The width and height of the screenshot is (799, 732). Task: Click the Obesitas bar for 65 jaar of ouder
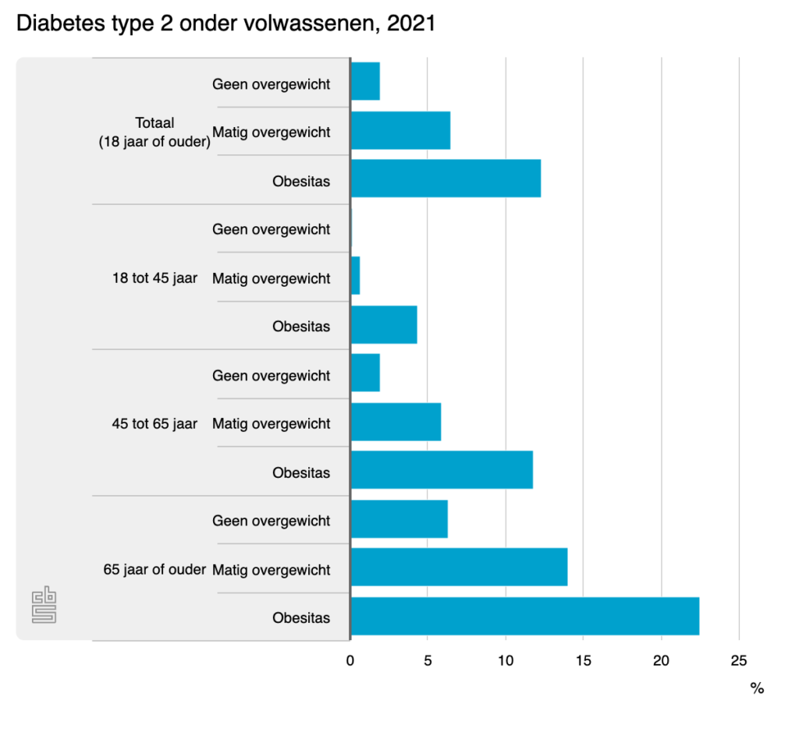point(524,617)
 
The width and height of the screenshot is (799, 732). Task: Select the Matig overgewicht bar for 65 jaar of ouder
point(459,568)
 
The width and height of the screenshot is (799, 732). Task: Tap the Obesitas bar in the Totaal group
point(446,178)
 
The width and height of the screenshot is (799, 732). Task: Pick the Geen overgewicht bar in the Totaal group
point(365,81)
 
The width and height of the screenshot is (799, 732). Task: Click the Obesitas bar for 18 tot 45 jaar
point(384,324)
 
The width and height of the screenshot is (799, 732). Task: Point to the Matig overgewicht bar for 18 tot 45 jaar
point(356,276)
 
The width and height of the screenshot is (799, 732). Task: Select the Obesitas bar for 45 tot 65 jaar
point(442,470)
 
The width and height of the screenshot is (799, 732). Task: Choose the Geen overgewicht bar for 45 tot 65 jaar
point(365,373)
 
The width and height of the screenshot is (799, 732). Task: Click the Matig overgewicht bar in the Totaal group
point(400,130)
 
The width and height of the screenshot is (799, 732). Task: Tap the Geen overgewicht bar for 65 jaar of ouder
point(399,519)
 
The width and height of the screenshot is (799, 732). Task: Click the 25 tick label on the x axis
point(738,661)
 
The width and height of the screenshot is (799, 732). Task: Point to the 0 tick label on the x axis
point(350,661)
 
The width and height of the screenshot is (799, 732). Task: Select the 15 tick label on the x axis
point(583,661)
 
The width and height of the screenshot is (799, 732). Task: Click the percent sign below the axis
point(756,688)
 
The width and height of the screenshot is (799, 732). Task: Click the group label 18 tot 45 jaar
point(154,278)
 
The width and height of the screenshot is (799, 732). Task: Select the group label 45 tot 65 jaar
point(154,423)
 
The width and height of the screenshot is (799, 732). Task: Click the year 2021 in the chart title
point(410,23)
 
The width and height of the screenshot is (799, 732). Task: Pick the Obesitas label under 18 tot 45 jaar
point(301,327)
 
